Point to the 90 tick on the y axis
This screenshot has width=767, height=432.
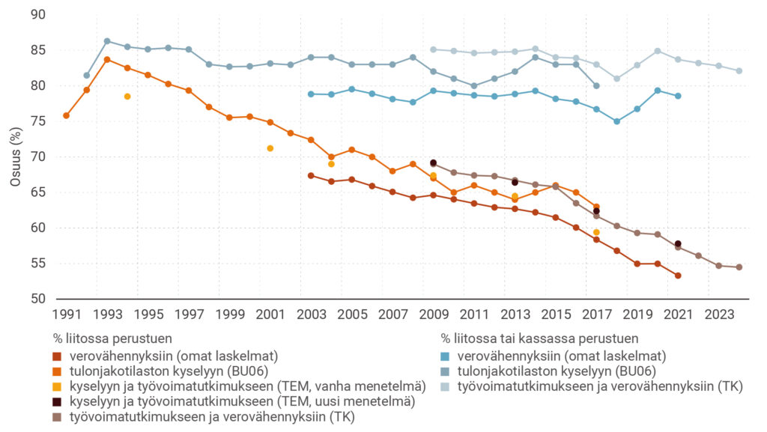click(37, 15)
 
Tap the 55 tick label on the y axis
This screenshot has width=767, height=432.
click(37, 264)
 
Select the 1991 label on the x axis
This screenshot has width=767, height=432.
click(67, 314)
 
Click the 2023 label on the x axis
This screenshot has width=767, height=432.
click(718, 314)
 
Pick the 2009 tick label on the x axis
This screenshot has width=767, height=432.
click(433, 314)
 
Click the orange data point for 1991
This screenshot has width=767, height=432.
click(67, 115)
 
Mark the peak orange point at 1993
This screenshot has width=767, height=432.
click(107, 59)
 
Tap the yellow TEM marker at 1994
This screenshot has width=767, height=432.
click(127, 97)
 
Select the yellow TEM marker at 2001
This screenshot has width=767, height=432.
click(270, 148)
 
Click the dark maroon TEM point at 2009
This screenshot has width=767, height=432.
click(433, 163)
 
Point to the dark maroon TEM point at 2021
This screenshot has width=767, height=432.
click(678, 244)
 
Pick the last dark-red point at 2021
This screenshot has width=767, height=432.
click(678, 276)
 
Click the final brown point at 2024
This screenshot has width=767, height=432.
click(739, 267)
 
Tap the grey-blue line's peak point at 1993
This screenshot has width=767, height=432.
click(107, 41)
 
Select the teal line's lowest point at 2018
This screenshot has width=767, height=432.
click(616, 121)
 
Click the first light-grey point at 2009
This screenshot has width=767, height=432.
click(433, 49)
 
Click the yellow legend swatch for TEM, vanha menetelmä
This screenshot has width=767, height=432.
click(56, 386)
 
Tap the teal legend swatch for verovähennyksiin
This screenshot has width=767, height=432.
click(445, 356)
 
